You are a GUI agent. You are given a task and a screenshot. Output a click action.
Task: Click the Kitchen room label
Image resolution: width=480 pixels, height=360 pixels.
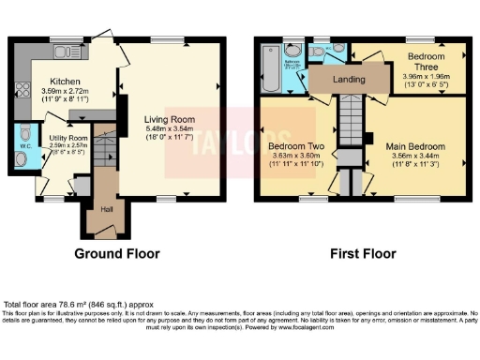pyautogui.click(x=65, y=82)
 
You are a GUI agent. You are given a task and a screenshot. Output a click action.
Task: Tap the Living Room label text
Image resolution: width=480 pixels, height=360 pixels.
pyautogui.click(x=169, y=119)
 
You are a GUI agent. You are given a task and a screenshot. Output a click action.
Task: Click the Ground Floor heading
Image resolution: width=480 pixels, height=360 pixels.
pyautogui.click(x=117, y=253)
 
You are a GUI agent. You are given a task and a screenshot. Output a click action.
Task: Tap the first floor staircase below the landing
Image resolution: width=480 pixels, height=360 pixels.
pyautogui.click(x=349, y=120)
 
